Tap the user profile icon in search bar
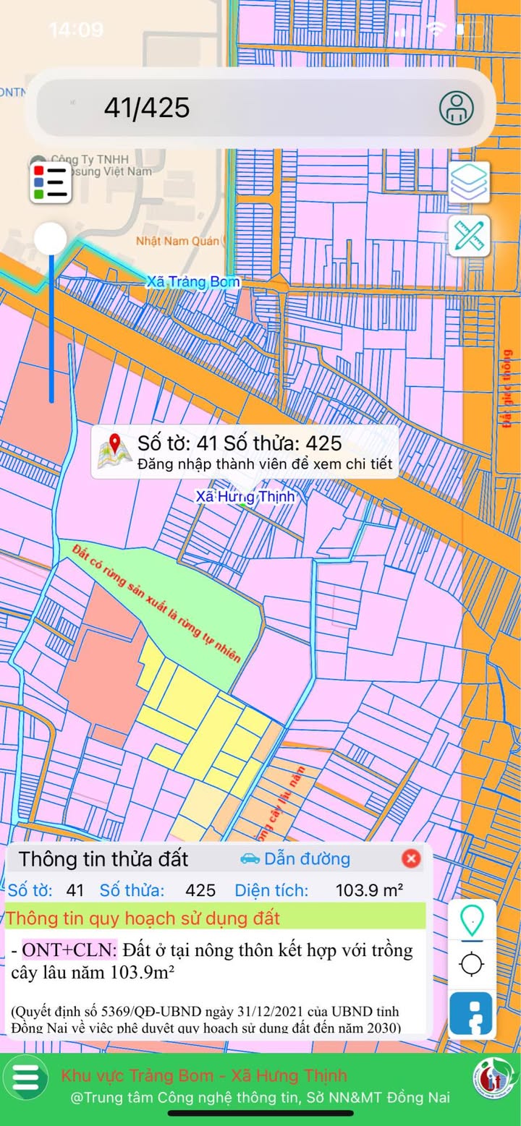click(x=457, y=108)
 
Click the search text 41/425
click(x=147, y=108)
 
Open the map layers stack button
click(x=469, y=182)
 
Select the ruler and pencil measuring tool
click(x=469, y=236)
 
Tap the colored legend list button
click(x=51, y=181)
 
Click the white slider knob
click(x=51, y=238)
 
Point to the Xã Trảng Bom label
click(x=193, y=282)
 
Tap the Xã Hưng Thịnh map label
click(x=245, y=497)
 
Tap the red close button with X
click(x=411, y=858)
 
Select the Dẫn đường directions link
click(x=307, y=859)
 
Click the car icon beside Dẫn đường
click(x=250, y=858)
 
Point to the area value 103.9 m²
click(x=369, y=890)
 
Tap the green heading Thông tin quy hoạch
click(x=143, y=919)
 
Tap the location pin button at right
click(x=472, y=921)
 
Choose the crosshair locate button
click(x=472, y=964)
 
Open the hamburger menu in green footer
click(x=25, y=1077)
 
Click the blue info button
click(x=472, y=1013)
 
